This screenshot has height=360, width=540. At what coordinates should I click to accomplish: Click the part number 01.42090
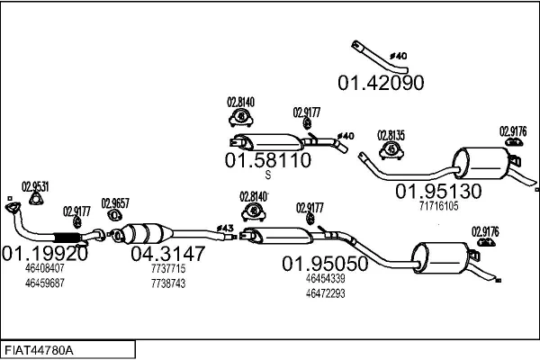click(x=381, y=83)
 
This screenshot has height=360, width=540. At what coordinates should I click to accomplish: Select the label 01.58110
click(x=267, y=160)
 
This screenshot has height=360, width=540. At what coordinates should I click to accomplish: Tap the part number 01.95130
click(x=438, y=191)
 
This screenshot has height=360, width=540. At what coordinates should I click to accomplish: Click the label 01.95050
click(x=325, y=264)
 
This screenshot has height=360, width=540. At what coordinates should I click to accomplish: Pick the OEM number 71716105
click(x=438, y=206)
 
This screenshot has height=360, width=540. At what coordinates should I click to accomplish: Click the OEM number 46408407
click(x=45, y=268)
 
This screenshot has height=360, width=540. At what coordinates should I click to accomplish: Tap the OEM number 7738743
click(x=168, y=283)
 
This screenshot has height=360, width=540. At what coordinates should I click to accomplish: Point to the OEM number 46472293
click(x=325, y=293)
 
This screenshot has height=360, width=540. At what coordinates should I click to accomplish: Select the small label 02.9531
click(x=35, y=186)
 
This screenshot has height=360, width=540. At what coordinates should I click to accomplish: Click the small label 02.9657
click(x=115, y=203)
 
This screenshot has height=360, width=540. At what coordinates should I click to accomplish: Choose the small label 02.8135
click(x=391, y=135)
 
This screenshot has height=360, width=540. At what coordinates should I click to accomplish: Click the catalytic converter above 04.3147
click(x=145, y=233)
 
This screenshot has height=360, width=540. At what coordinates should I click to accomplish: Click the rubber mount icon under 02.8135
click(x=391, y=149)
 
